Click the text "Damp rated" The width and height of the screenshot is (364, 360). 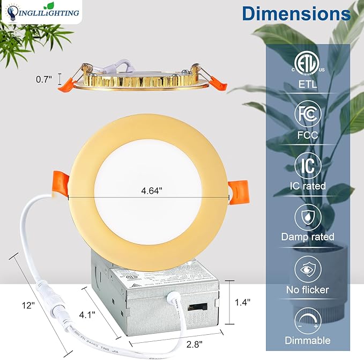[308, 237]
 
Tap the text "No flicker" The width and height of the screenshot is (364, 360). [308, 290]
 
